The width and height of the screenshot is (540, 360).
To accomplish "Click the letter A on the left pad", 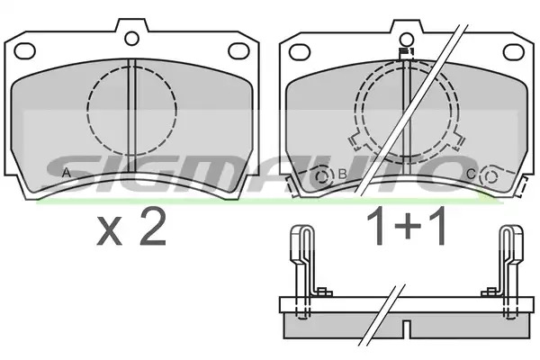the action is coord(67,173).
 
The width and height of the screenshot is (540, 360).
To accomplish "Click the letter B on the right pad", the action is coord(342,174).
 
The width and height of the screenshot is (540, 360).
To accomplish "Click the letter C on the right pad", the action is coord(471,175).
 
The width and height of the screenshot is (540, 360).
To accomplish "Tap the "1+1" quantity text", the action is coord(407,227).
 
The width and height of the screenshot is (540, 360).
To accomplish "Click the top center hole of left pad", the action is coord(131,38).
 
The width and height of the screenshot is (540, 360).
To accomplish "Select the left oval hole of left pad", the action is coord(25,51).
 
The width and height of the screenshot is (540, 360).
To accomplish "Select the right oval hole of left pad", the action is coord(238,50).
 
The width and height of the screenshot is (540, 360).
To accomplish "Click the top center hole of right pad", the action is coord(407,40).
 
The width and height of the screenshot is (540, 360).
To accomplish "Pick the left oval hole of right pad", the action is coord(300,52).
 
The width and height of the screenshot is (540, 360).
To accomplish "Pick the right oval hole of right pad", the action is coord(514,52).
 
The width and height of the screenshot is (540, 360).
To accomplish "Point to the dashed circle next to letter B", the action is coord(323,176).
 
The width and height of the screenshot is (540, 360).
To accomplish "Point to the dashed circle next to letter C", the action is coord(490,176).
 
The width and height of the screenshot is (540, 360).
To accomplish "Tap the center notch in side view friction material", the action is coord(407,329).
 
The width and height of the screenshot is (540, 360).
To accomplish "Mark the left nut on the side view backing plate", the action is coord(324,292).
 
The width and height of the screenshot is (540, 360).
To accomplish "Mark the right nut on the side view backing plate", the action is coord(490,292).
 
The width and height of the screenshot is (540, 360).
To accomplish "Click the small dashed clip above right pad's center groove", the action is coord(407,54).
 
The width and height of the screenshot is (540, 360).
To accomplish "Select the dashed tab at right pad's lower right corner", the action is coord(522,186).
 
